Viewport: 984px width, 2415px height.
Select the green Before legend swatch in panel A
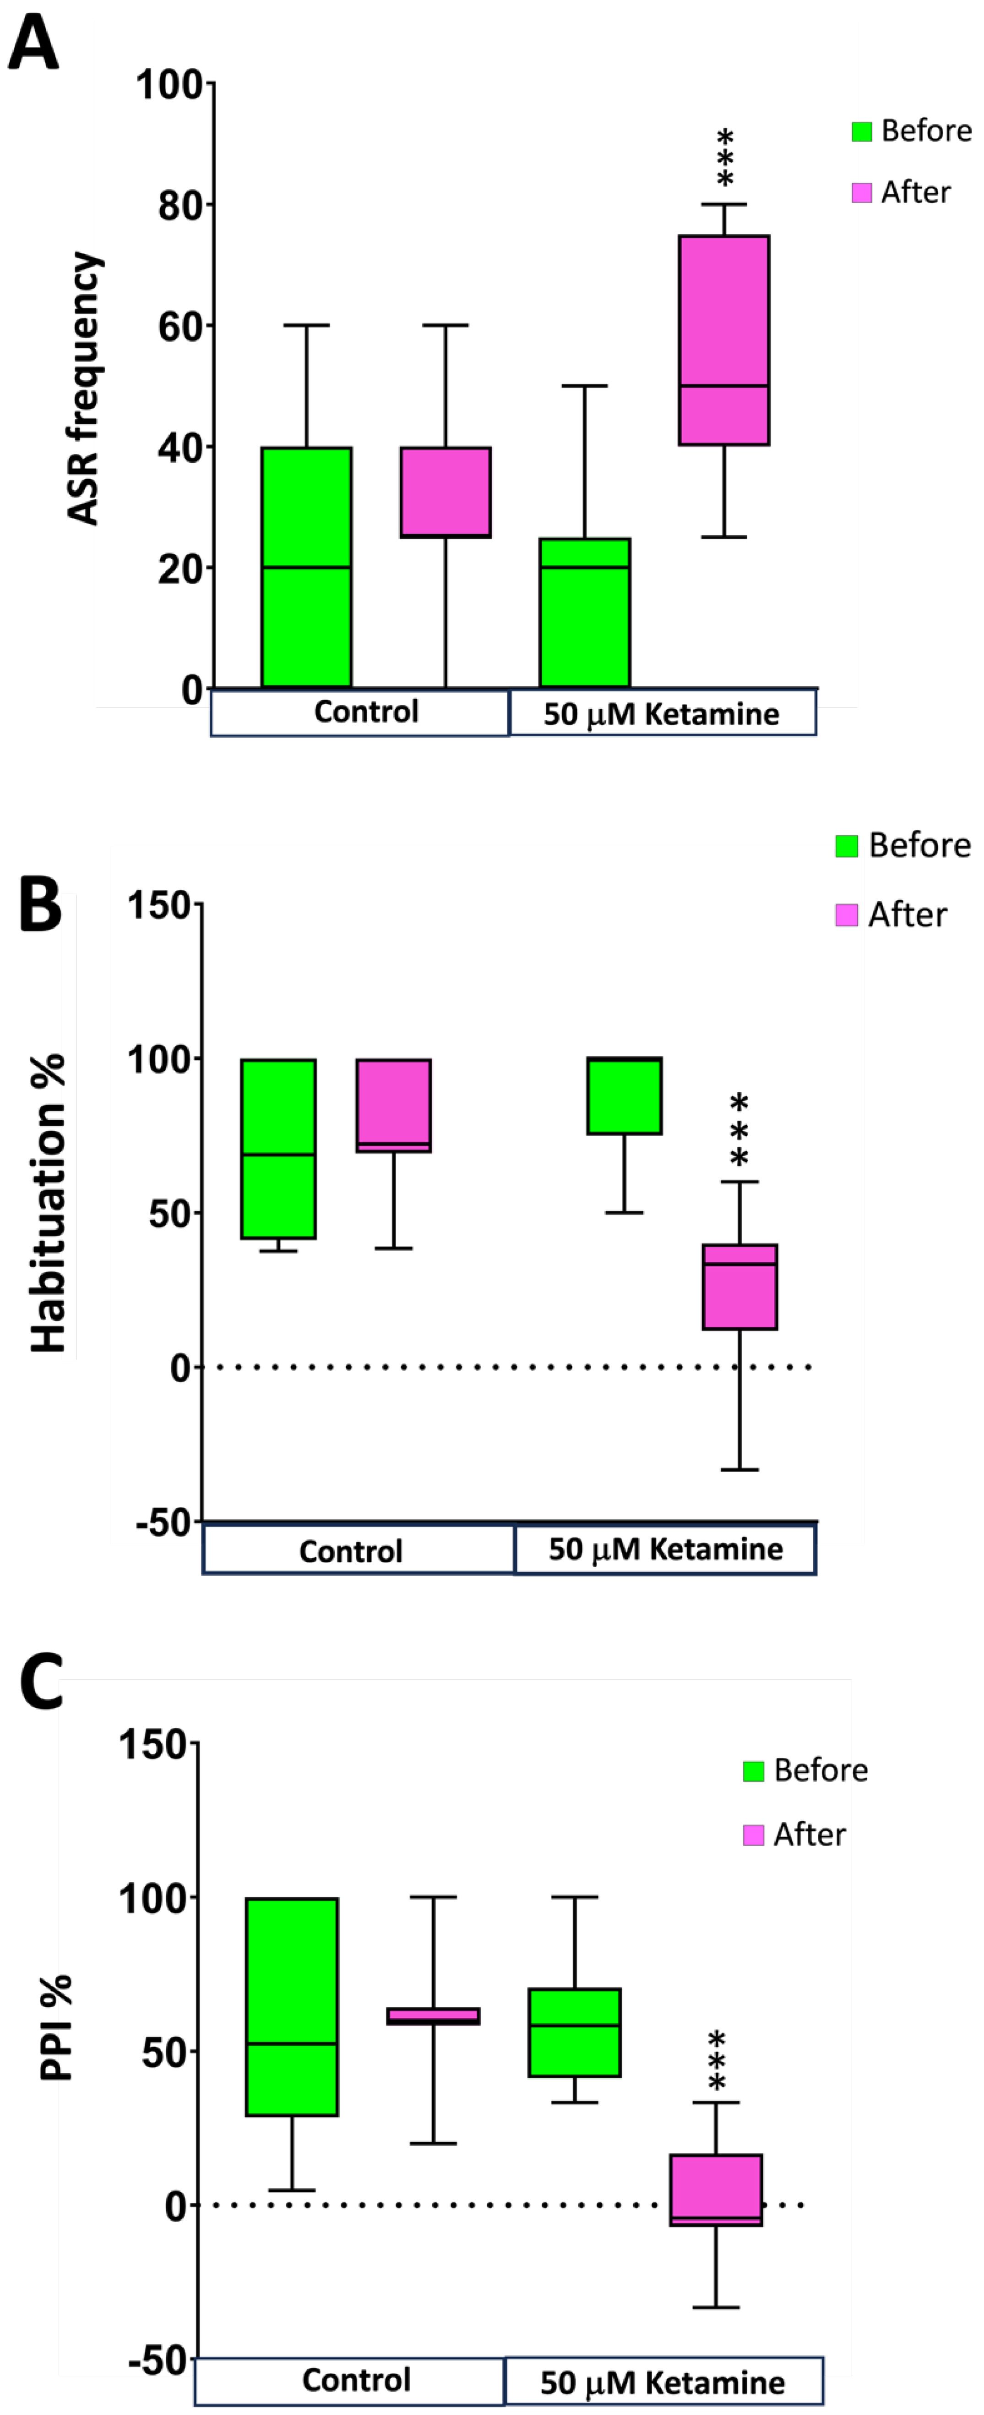[861, 131]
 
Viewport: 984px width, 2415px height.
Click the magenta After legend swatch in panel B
[846, 915]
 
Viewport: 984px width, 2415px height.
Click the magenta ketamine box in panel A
[723, 340]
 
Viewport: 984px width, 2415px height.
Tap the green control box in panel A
[306, 567]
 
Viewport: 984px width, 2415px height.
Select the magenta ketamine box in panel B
[739, 1286]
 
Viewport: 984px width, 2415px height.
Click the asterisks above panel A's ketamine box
[724, 158]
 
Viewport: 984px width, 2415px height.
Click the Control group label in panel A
[365, 712]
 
